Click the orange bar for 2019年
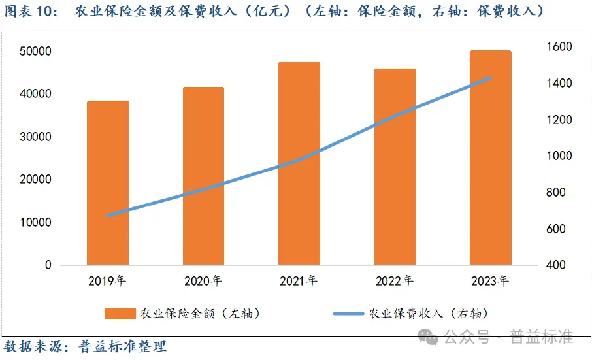[108, 183]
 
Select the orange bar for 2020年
[203, 176]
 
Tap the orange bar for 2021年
[299, 163]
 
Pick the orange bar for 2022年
[395, 167]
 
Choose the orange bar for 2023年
[490, 157]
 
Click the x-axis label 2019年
[108, 282]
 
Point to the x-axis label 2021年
[299, 282]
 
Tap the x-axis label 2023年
[490, 282]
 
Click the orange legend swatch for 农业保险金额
[120, 314]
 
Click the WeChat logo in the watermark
[429, 336]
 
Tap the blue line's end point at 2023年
[490, 77]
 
